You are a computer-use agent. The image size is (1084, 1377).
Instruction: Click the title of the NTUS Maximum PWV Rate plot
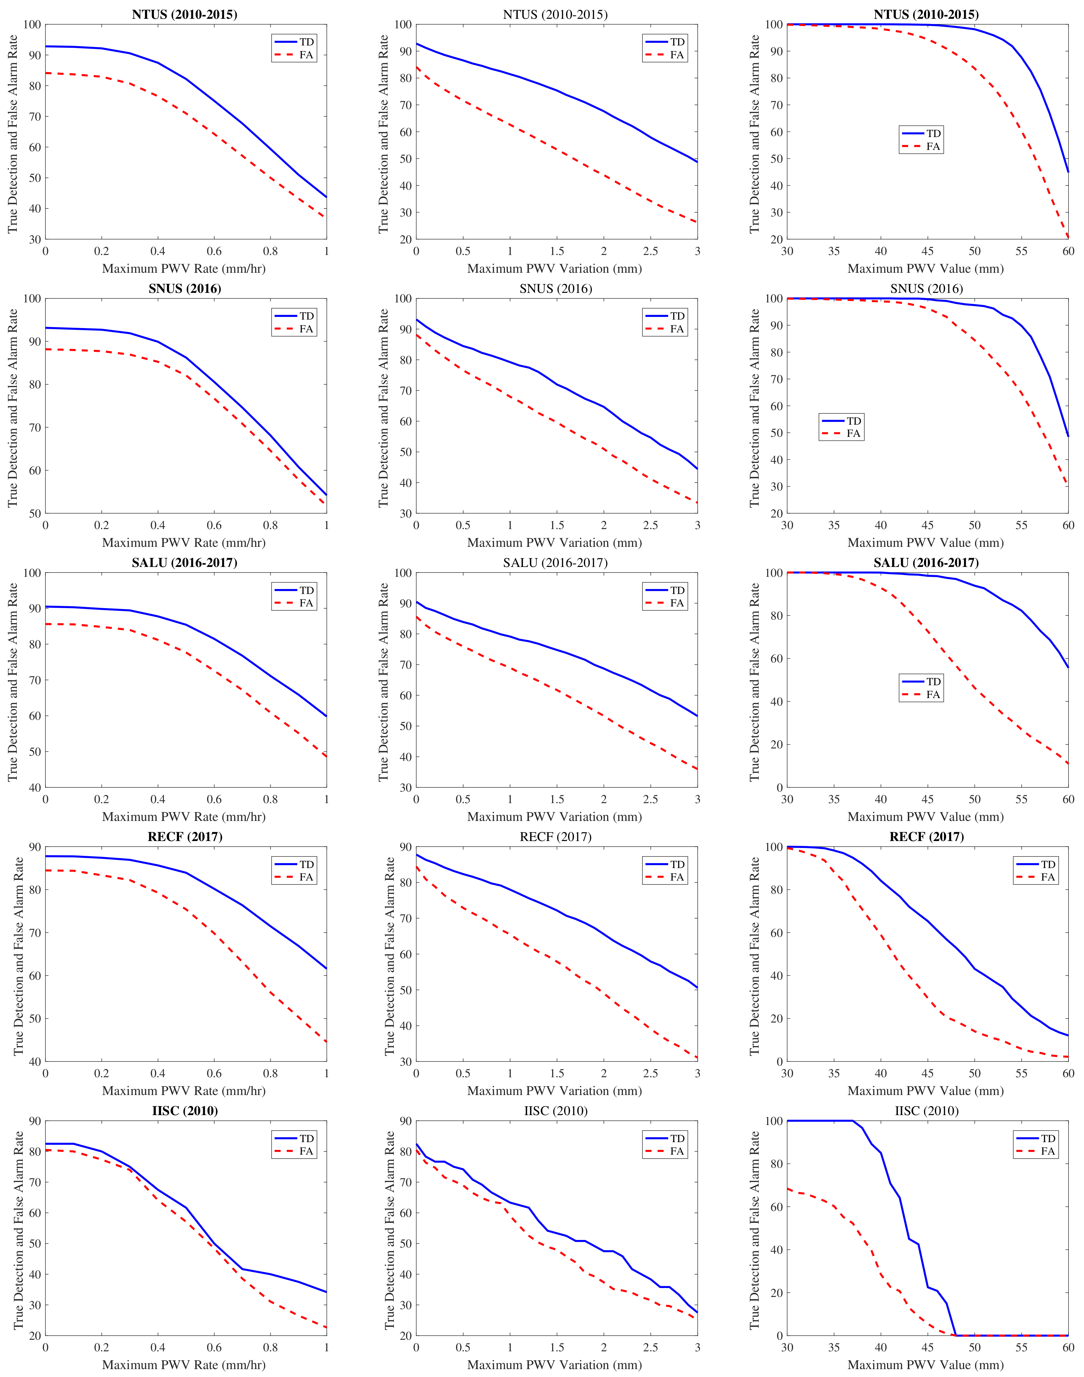pos(185,14)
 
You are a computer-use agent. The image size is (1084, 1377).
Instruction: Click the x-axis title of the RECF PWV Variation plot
pos(554,1091)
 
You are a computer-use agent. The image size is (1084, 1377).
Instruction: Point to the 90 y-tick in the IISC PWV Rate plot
pos(34,1121)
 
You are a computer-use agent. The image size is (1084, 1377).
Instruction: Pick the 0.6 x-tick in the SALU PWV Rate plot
pos(214,799)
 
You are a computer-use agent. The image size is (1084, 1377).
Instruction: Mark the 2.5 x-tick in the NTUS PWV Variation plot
pos(651,251)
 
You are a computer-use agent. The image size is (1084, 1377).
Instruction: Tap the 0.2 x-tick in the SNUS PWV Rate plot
pos(101,525)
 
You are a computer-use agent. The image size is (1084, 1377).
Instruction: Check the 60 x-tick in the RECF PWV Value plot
pos(1068,1074)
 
